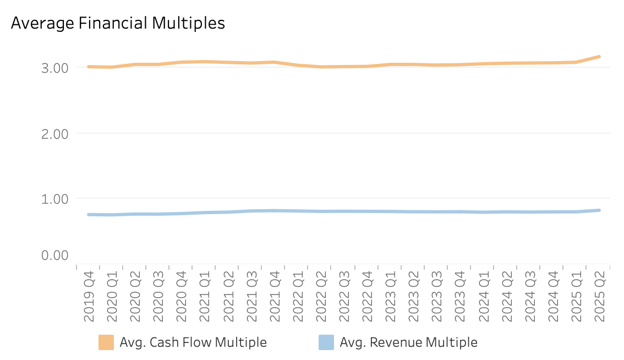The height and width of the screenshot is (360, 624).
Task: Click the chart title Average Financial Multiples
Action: coord(118,23)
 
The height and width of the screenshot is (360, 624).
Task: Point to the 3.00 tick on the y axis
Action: coord(54,68)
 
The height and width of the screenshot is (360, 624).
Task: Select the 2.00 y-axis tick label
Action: coord(54,133)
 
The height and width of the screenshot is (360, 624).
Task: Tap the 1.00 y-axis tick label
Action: coord(54,198)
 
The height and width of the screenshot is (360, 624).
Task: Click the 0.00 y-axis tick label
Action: coord(54,255)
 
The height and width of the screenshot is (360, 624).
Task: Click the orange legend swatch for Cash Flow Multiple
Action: coord(106,342)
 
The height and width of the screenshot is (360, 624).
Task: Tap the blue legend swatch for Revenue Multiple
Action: coord(326,342)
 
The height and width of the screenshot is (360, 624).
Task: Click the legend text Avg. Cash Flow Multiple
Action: coord(193,342)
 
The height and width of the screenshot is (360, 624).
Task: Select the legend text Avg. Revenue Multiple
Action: coord(408,342)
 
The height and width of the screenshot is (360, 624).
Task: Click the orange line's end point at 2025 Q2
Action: coord(599,57)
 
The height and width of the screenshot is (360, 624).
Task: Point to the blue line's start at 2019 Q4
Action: coord(89,214)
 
